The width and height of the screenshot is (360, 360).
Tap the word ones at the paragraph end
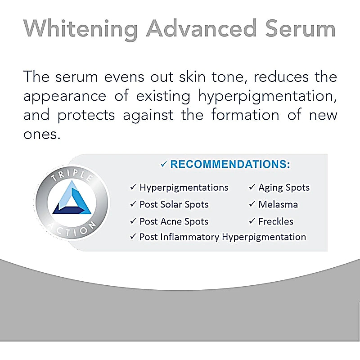41,134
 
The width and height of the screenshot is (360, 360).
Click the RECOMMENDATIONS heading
230,165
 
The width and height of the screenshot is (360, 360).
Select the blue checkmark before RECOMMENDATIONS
164,165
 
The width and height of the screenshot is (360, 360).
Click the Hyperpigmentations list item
184,188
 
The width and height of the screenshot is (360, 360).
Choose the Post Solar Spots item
174,204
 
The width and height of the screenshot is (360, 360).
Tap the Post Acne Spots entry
174,221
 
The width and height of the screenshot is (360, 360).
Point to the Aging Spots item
283,188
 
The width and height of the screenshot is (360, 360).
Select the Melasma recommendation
278,204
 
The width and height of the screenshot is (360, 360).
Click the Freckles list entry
275,221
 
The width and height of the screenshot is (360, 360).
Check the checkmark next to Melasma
252,204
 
